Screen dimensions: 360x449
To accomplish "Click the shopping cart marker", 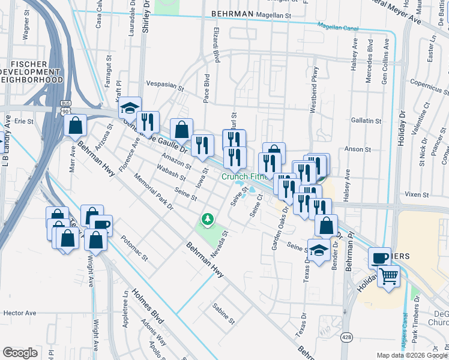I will click(x=388, y=277).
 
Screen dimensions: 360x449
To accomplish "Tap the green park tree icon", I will click(x=208, y=220).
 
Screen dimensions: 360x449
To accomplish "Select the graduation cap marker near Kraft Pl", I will click(x=130, y=109).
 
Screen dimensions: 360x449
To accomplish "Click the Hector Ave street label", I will click(x=20, y=313).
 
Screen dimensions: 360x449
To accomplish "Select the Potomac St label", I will click(x=134, y=253).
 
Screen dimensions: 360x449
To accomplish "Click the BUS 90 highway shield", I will click(x=65, y=108).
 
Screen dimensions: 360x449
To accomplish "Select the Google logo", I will click(x=20, y=353).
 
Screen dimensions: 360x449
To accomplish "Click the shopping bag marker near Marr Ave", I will click(x=76, y=126).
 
